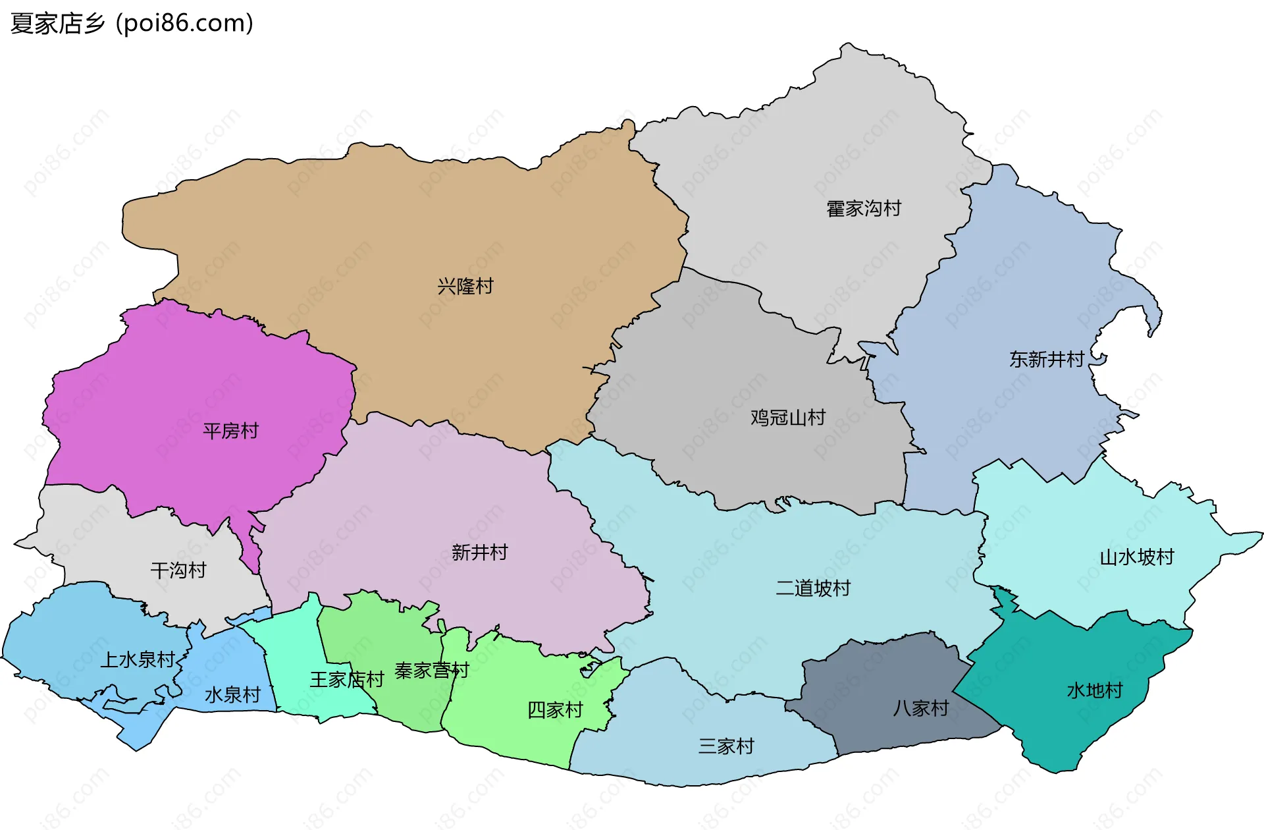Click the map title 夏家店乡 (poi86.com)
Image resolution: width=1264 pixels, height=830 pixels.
[x=132, y=24]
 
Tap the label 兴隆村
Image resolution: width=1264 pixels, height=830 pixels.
[x=465, y=287]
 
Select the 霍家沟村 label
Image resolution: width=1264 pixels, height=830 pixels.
[x=864, y=209]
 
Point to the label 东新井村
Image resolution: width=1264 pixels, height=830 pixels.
[x=1047, y=360]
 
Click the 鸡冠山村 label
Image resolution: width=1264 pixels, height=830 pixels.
[x=788, y=418]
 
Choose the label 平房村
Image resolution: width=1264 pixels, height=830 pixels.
[x=230, y=431]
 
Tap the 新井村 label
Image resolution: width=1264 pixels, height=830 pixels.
[x=480, y=553]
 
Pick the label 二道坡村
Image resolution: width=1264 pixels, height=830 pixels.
[x=813, y=588]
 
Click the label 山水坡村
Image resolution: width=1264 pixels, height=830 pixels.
[x=1137, y=558]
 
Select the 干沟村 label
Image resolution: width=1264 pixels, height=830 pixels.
[x=178, y=570]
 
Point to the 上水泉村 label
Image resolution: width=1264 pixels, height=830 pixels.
[x=138, y=659]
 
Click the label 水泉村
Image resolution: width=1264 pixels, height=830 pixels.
[x=232, y=695]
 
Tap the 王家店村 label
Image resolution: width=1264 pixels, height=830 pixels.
[x=347, y=680]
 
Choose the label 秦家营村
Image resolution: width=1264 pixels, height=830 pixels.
[x=432, y=671]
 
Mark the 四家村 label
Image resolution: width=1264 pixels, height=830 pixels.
[x=555, y=710]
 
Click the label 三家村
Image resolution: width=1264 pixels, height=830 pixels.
[x=726, y=746]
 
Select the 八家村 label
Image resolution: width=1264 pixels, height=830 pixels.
[x=920, y=708]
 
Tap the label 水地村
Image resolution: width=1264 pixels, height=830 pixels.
[x=1095, y=691]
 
